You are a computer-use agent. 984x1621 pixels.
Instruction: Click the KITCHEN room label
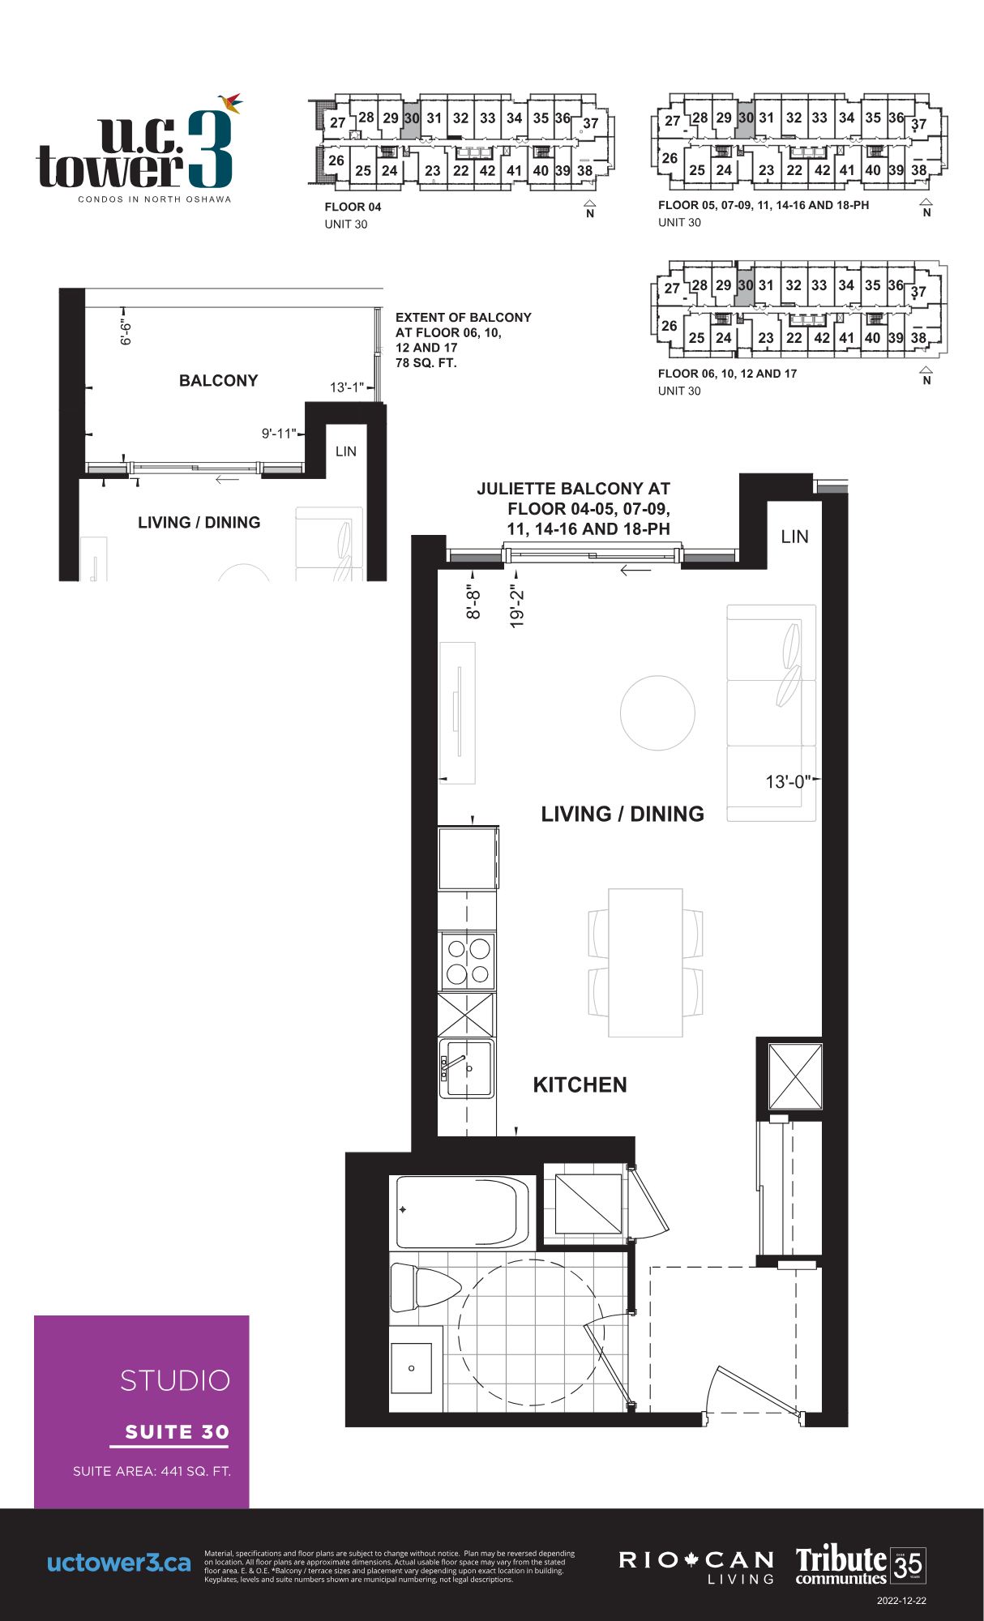coord(580,1084)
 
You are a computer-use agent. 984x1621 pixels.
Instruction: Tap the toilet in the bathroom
coord(425,1287)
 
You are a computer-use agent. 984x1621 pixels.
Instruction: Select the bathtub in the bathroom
coord(463,1213)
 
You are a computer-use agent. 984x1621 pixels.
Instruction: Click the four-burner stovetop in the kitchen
coord(468,961)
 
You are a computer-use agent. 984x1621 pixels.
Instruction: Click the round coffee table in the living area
coord(657,712)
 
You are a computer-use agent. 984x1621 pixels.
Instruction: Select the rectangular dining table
coord(645,962)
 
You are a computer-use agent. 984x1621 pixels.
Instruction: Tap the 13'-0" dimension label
coord(788,781)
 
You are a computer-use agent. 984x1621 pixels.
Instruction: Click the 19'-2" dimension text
coord(517,608)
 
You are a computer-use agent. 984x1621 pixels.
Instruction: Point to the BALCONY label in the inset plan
coord(218,380)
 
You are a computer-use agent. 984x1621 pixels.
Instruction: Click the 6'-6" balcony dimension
coord(126,331)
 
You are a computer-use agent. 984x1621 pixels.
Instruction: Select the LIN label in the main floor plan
coord(794,537)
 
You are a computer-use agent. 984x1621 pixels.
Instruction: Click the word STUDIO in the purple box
coord(175,1380)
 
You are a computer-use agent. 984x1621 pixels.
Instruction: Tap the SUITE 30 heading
coord(177,1431)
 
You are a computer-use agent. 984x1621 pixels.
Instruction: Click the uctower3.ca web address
coord(119,1563)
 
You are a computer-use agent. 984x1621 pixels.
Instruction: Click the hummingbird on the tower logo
coord(231,102)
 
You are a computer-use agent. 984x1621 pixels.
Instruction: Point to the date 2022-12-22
coord(901,1601)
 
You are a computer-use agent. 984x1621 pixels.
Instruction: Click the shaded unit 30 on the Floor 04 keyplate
coord(412,118)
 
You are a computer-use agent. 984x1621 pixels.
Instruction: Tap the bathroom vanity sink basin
coord(412,1368)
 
